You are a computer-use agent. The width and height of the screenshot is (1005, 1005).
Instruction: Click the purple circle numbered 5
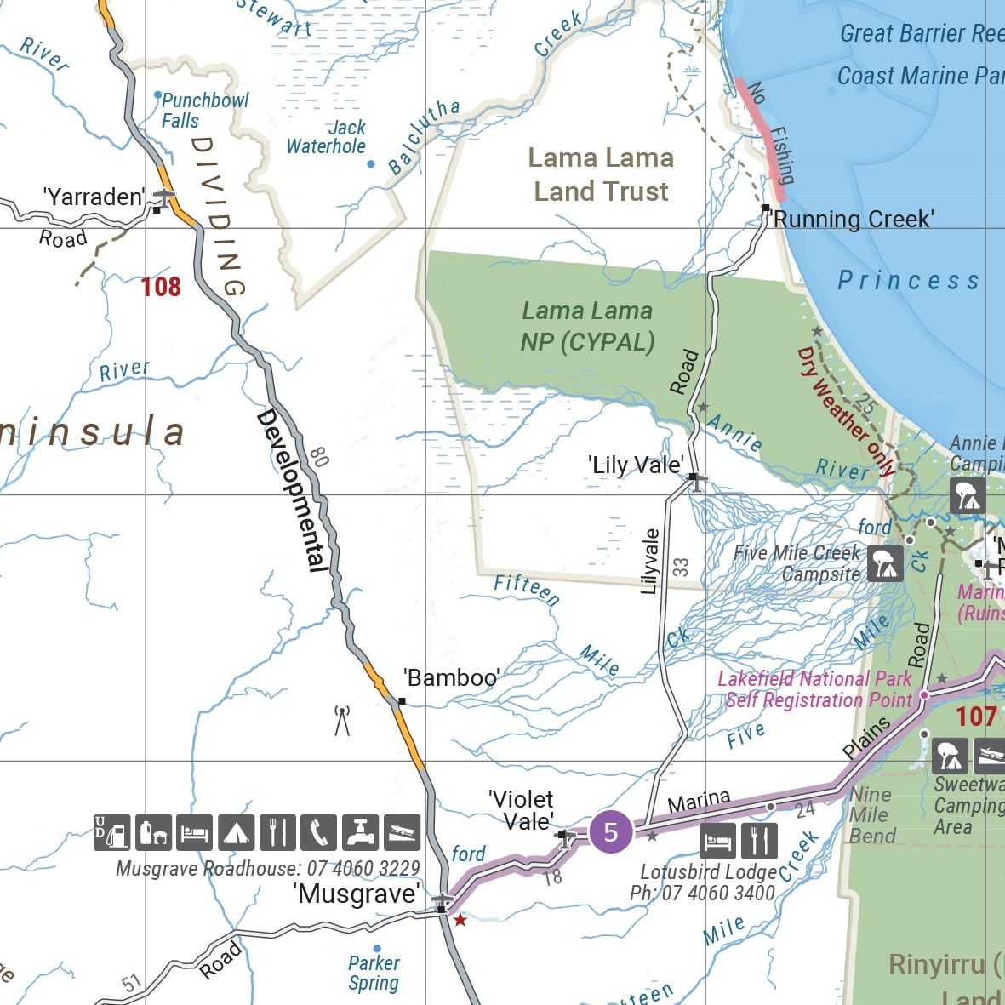point(610,831)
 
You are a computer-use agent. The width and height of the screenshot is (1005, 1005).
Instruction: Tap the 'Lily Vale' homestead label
point(636,465)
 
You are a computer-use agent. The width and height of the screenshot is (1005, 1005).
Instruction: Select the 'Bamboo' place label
point(451,678)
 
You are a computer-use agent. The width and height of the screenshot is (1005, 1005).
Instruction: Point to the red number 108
point(161,287)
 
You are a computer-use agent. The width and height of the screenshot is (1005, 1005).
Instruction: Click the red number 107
point(975,717)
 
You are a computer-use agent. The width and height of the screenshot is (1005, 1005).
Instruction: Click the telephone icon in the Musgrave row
point(318,832)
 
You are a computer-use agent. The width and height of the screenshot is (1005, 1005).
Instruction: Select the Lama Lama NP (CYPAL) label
point(587,326)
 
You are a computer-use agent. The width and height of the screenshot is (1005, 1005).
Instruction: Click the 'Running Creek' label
point(851,220)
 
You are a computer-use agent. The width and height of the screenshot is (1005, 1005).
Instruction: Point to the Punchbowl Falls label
point(204,111)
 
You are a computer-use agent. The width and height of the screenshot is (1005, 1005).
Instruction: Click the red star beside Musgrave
point(460,920)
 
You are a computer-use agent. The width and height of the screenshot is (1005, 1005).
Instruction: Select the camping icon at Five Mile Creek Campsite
point(885,563)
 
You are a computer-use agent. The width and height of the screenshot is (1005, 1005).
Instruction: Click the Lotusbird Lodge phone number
point(702,894)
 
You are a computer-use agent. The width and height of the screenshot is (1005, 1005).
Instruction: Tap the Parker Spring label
point(374,973)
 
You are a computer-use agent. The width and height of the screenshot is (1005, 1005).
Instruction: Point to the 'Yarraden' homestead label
point(94,197)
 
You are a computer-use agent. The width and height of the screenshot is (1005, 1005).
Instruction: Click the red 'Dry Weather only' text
point(846,410)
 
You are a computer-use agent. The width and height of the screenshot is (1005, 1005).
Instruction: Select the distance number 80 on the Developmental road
point(319,458)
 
